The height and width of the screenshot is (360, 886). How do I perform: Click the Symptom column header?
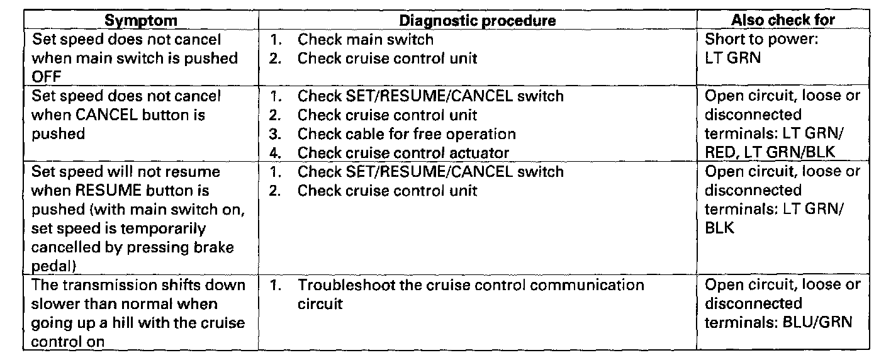click(140, 20)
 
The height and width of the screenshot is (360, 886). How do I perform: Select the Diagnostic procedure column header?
click(478, 20)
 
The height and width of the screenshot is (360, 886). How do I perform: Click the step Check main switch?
click(365, 40)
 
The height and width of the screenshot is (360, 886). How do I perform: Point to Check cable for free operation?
click(407, 133)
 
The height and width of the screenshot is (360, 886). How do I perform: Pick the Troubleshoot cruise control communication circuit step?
click(471, 285)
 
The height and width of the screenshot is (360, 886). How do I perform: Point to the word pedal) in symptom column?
click(54, 266)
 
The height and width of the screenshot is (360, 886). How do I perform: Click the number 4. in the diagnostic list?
click(276, 152)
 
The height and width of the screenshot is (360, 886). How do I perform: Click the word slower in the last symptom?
click(55, 304)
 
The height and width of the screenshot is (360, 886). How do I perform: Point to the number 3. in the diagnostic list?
click(276, 133)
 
